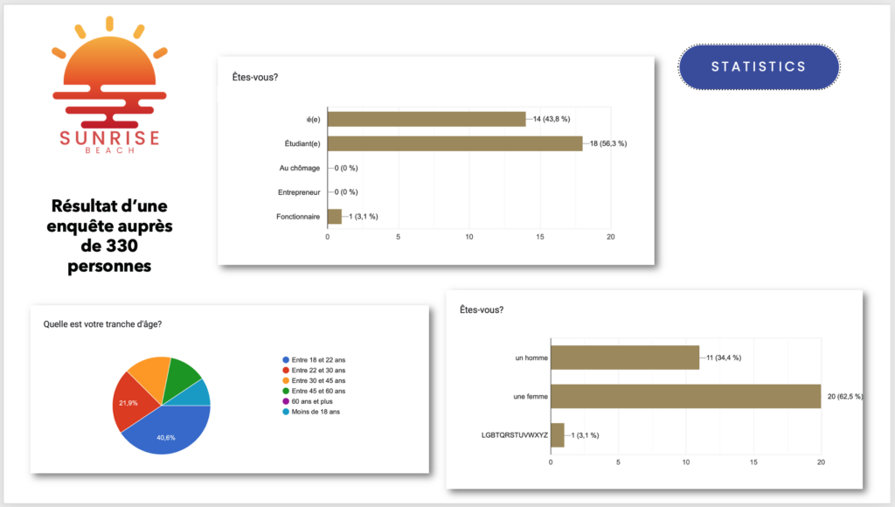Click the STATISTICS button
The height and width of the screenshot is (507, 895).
[x=759, y=67]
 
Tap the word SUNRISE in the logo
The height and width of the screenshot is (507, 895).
[x=109, y=137]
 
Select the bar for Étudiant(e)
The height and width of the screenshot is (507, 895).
[x=454, y=143]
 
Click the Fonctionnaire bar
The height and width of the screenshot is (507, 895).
[x=334, y=216]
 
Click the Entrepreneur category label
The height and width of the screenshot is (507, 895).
[x=298, y=191]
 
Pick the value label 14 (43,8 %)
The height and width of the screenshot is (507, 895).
[x=557, y=119]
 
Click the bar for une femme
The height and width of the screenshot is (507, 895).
[x=685, y=396]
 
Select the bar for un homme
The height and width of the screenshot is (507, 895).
[x=625, y=358]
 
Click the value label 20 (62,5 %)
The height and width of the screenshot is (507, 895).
[x=844, y=396]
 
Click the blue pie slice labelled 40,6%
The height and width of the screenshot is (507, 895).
[x=166, y=434]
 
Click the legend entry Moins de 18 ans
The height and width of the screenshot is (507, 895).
[x=311, y=412]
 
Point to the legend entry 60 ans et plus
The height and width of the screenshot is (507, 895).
[x=308, y=401]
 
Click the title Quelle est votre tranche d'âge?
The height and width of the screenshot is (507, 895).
[x=102, y=324]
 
